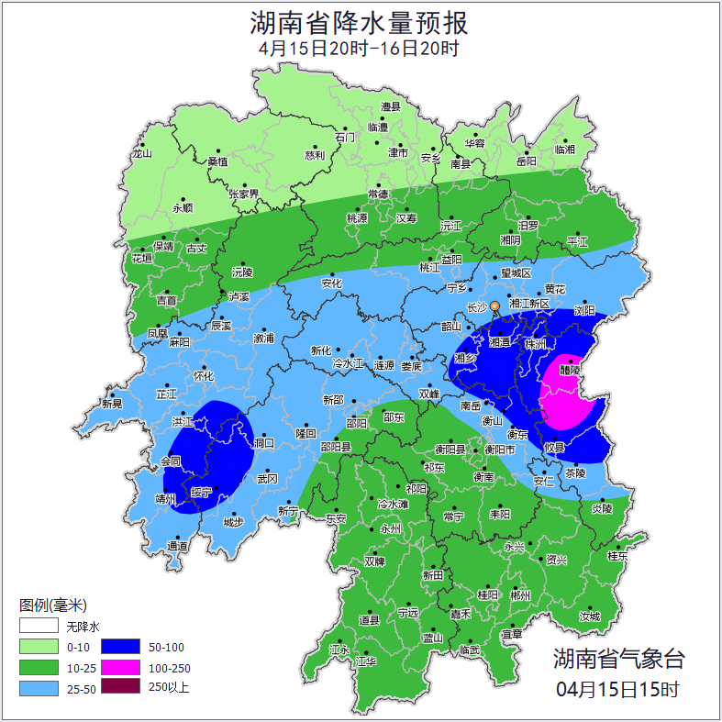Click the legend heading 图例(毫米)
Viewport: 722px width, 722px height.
pyautogui.click(x=52, y=605)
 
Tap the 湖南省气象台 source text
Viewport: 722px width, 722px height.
pyautogui.click(x=618, y=658)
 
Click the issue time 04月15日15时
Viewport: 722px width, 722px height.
pyautogui.click(x=618, y=688)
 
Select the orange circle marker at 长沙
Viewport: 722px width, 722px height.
pyautogui.click(x=495, y=305)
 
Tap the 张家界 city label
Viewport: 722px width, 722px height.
pyautogui.click(x=244, y=194)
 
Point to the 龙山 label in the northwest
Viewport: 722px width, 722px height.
pyautogui.click(x=141, y=154)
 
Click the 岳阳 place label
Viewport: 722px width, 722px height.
pyautogui.click(x=526, y=161)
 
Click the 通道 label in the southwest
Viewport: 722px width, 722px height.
pyautogui.click(x=177, y=547)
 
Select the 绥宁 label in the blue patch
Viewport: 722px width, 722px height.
pyautogui.click(x=201, y=492)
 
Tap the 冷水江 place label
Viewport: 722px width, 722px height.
pyautogui.click(x=348, y=365)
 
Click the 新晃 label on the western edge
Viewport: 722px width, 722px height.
pyautogui.click(x=112, y=404)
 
